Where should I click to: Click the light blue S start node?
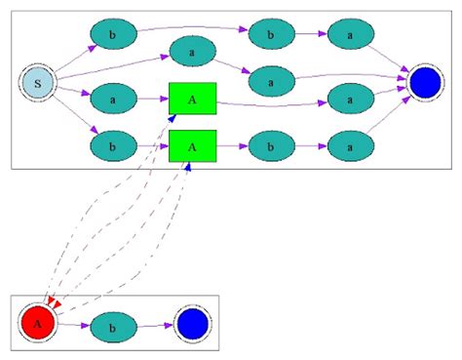[x=37, y=84]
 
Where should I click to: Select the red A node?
[x=37, y=321]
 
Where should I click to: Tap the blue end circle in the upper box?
[x=426, y=84]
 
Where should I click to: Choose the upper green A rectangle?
[x=192, y=99]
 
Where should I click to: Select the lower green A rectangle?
[x=192, y=145]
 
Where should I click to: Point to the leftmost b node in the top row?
[x=113, y=35]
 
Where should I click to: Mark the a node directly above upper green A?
[x=192, y=51]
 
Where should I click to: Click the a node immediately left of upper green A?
[x=113, y=99]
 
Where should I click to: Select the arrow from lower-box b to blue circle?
[x=154, y=324]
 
